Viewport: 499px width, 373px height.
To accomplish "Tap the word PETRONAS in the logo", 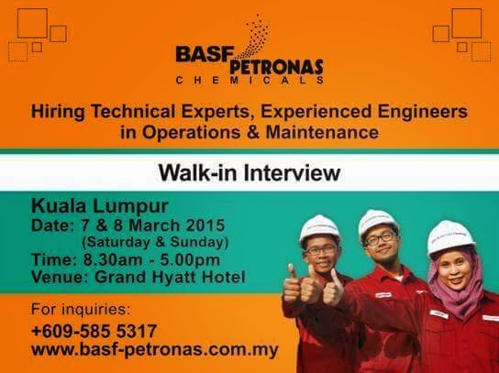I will (279, 68).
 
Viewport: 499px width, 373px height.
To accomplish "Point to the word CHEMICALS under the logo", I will (249, 83).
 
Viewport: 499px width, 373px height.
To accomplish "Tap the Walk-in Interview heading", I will (249, 171).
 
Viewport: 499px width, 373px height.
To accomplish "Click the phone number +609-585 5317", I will (94, 330).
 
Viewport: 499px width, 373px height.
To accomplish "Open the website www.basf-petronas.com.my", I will (154, 350).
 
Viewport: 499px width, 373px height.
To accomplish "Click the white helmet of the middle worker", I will (377, 221).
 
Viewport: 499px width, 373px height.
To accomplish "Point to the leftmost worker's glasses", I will (321, 249).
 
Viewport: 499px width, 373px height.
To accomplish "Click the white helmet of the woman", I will (450, 236).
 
